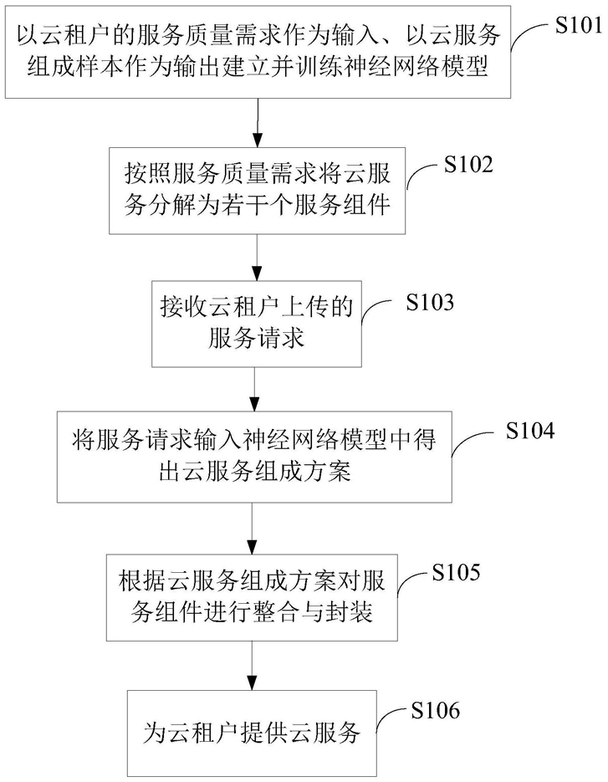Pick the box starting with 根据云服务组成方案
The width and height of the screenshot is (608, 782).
click(x=253, y=600)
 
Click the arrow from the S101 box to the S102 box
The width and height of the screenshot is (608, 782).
click(x=257, y=124)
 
